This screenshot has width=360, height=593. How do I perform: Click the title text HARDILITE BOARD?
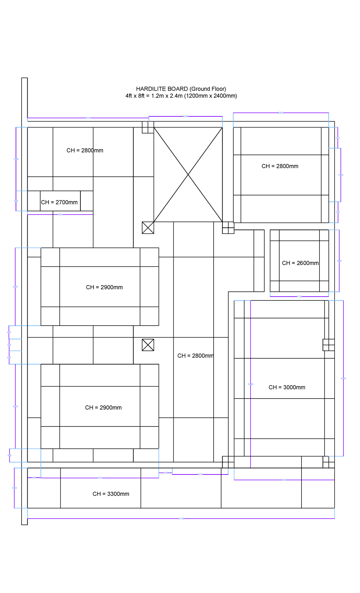click(x=162, y=89)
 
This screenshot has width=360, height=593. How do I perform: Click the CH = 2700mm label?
click(x=59, y=202)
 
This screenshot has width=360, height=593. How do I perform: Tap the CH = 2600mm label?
click(x=300, y=263)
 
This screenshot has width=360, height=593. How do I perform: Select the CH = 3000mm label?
click(x=287, y=387)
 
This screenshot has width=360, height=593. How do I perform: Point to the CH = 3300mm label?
click(x=111, y=494)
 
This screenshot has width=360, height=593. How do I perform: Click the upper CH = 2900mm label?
click(x=104, y=287)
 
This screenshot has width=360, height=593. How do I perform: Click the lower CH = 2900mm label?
click(x=103, y=408)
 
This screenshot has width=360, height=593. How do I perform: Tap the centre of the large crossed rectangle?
click(x=188, y=175)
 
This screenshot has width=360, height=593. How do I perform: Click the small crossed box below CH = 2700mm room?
click(x=148, y=228)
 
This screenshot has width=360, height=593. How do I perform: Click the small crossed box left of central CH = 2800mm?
click(x=148, y=345)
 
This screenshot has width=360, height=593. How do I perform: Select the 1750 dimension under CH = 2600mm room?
click(x=299, y=296)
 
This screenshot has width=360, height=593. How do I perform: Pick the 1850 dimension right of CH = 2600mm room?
click(x=339, y=261)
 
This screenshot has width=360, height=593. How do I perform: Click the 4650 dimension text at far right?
click(x=343, y=378)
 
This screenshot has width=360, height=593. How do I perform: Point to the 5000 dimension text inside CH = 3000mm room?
click(x=250, y=384)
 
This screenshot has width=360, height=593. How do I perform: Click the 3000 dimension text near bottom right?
click(x=284, y=480)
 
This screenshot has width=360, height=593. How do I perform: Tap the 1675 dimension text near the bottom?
click(x=200, y=474)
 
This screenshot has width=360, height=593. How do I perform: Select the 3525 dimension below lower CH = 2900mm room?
click(x=100, y=478)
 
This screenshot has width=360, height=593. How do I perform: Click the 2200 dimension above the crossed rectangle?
click(x=185, y=116)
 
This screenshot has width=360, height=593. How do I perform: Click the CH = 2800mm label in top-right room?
click(x=280, y=166)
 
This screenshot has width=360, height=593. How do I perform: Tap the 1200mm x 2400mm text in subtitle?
click(x=210, y=96)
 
